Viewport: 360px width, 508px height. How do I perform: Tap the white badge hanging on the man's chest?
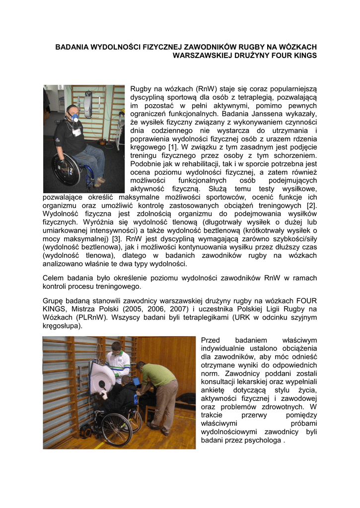pos(76,131)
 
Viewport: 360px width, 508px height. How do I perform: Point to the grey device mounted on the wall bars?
pos(88,105)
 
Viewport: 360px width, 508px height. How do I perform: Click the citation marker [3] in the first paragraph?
pos(116,239)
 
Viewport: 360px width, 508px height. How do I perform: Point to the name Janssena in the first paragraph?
pos(288,114)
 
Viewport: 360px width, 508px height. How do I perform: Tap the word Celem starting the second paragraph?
pos(54,278)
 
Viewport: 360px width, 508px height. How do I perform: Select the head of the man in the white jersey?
pos(116,348)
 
